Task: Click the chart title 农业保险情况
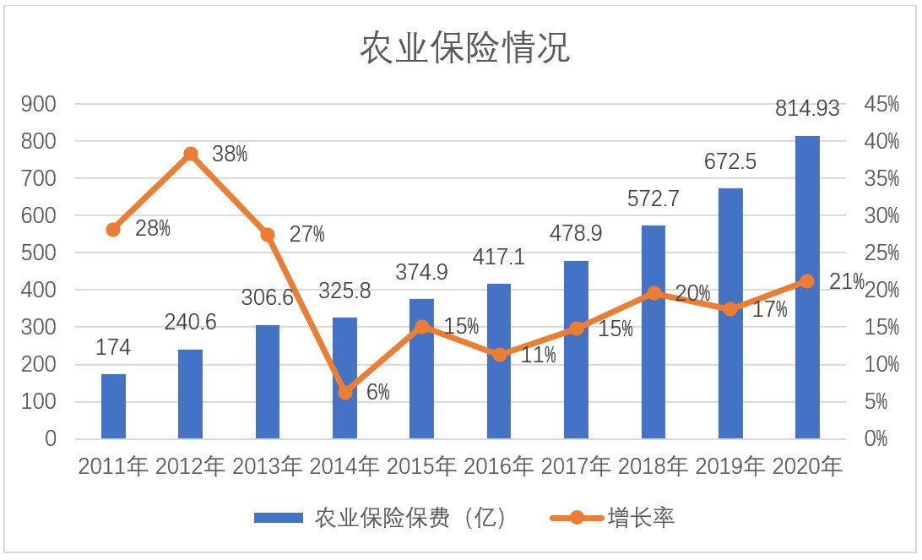(x=465, y=49)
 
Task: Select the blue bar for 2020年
(x=807, y=287)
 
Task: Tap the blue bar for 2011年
(x=113, y=406)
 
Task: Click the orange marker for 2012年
(x=191, y=154)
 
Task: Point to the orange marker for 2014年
(x=344, y=393)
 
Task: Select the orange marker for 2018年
(x=654, y=293)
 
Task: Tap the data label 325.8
(x=345, y=291)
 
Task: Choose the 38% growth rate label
(x=230, y=154)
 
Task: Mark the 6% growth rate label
(x=377, y=393)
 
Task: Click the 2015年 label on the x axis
(x=421, y=466)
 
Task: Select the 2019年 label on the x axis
(x=730, y=466)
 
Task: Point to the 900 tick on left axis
(x=39, y=104)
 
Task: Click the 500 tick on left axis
(x=39, y=253)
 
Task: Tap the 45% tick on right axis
(x=881, y=104)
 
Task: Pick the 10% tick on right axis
(x=881, y=365)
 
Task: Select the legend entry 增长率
(x=641, y=518)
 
